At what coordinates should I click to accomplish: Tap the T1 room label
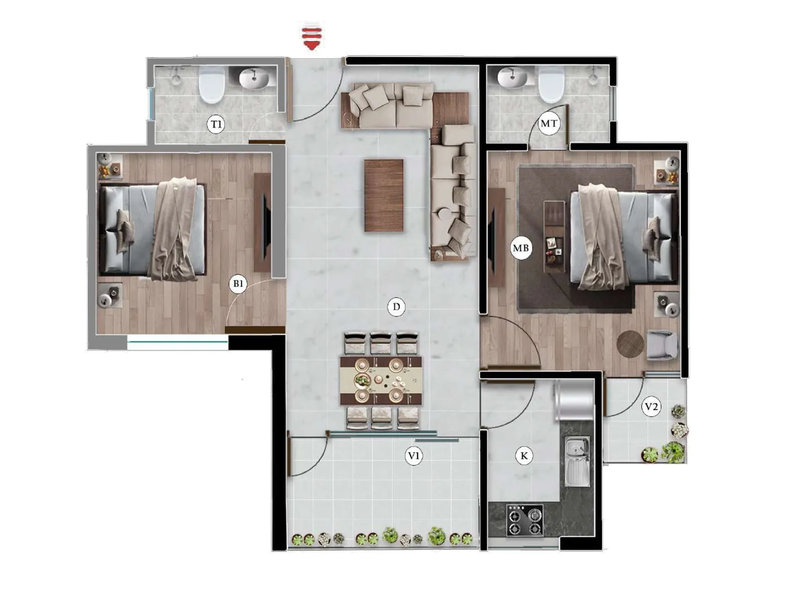pyautogui.click(x=216, y=124)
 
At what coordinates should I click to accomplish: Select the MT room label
pyautogui.click(x=548, y=123)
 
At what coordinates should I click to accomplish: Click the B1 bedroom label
pyautogui.click(x=238, y=284)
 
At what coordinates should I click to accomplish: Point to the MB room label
pyautogui.click(x=520, y=248)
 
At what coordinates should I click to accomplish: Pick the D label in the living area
pyautogui.click(x=396, y=307)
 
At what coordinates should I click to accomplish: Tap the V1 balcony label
pyautogui.click(x=414, y=456)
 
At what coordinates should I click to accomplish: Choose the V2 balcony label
pyautogui.click(x=651, y=406)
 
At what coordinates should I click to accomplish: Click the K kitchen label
pyautogui.click(x=524, y=456)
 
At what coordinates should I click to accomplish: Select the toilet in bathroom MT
pyautogui.click(x=551, y=84)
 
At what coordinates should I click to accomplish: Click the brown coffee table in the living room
pyautogui.click(x=384, y=195)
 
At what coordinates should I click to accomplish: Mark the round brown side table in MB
pyautogui.click(x=630, y=344)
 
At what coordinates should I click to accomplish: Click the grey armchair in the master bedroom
pyautogui.click(x=661, y=345)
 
